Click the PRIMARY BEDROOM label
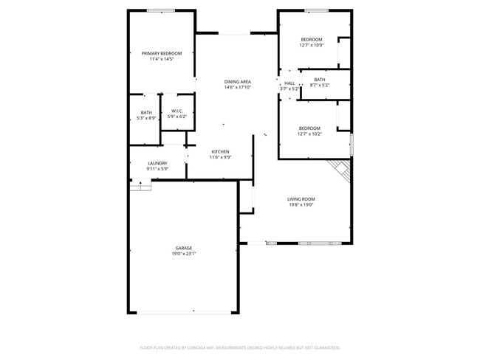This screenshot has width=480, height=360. [161, 53]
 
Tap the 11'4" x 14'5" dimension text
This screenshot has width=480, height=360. [161, 59]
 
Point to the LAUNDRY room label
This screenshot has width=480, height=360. [157, 163]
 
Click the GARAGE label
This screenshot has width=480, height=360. [183, 248]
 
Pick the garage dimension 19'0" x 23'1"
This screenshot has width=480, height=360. [183, 254]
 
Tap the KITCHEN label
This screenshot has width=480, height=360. [220, 151]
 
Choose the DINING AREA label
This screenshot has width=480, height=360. [238, 81]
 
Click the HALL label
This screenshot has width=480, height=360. [289, 83]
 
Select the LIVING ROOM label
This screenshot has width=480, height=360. [301, 198]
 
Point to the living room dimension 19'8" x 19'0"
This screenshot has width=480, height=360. [301, 204]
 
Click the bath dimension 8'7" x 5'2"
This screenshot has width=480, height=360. [319, 86]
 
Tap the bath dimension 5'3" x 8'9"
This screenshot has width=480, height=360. [146, 118]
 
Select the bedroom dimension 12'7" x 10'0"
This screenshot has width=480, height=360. [311, 45]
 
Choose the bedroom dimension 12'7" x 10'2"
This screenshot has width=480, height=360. [309, 134]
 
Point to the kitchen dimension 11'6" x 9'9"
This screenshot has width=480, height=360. [220, 157]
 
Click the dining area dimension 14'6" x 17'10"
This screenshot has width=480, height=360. [238, 87]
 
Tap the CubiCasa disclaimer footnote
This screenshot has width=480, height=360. [239, 347]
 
